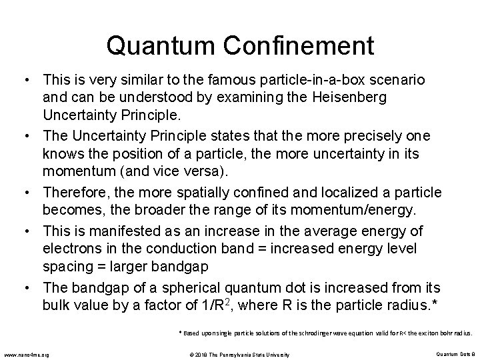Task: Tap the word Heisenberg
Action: click(x=367, y=98)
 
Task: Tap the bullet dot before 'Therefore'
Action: click(x=32, y=193)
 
